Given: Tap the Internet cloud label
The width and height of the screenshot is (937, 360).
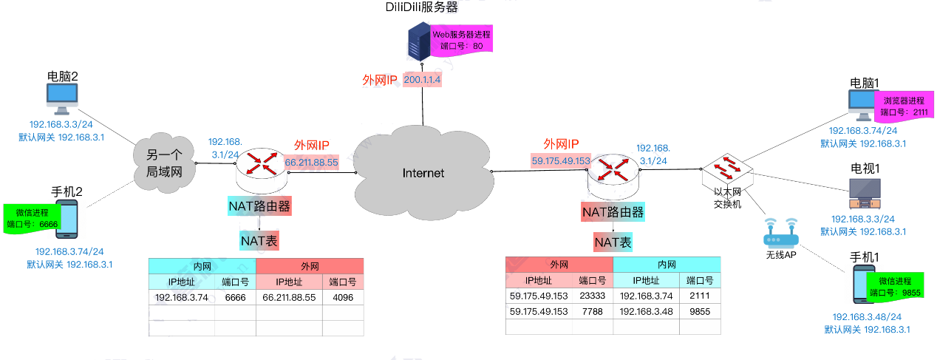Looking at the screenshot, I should pos(423,173).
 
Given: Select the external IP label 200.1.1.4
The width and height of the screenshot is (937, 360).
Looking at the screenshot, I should pos(423,80).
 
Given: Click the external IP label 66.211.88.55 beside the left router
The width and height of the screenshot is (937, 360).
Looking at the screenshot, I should pos(311,162).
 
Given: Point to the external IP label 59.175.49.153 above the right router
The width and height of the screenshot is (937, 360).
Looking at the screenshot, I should pos(561,160).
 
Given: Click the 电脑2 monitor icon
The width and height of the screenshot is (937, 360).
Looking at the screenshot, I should pos(62,96).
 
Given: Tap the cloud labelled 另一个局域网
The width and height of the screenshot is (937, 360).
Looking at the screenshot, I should pos(163,163).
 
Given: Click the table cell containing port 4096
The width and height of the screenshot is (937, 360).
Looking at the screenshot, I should pos(343,297).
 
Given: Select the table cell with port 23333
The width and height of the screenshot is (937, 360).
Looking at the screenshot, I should pos(593,296).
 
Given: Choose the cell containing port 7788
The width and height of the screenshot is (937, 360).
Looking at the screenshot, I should pos(593,311).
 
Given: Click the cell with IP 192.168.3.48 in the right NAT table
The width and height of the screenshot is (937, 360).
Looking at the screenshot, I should pos(646,311).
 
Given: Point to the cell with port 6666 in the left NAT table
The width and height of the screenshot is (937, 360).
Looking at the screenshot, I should pos(235,297).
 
